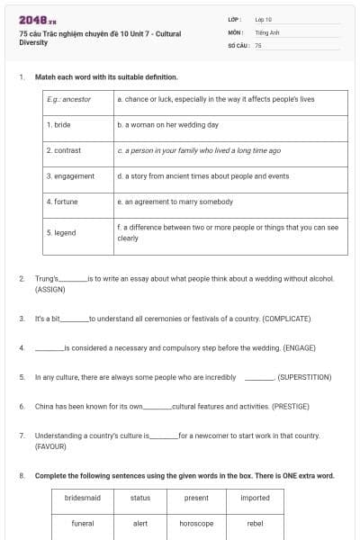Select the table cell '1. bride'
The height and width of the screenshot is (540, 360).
click(x=58, y=125)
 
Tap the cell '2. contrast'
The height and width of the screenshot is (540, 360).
click(x=64, y=150)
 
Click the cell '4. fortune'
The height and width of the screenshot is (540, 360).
click(x=62, y=202)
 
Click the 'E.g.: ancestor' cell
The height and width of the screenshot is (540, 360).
click(x=69, y=100)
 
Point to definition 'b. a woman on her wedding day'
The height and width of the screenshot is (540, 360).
click(x=167, y=125)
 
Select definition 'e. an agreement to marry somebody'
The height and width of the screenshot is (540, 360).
click(x=175, y=202)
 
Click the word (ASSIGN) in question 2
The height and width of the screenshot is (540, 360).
click(x=49, y=290)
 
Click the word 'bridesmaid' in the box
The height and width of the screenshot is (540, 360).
click(x=83, y=498)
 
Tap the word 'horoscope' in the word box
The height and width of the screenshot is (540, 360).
click(x=196, y=523)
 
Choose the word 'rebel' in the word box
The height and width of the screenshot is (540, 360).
click(x=255, y=523)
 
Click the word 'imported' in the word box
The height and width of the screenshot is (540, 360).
click(x=255, y=498)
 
